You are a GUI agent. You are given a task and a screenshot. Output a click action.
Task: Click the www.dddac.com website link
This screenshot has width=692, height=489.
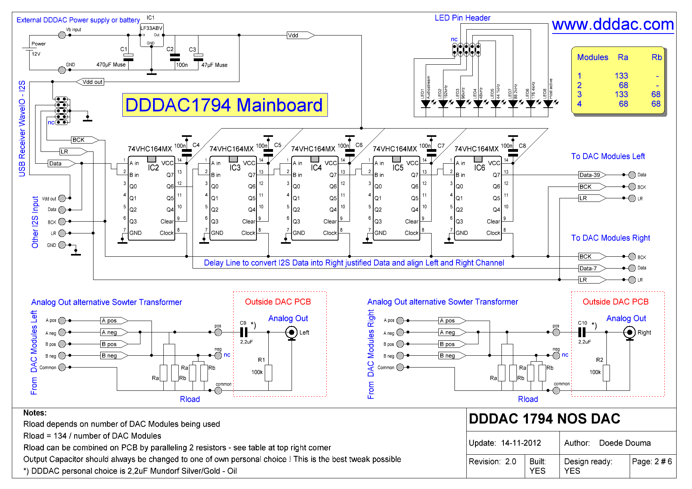point(613,24)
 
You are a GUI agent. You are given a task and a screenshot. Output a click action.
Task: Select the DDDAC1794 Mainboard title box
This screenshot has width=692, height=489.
point(224,105)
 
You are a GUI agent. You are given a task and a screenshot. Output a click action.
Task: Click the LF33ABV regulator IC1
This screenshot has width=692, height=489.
point(151,35)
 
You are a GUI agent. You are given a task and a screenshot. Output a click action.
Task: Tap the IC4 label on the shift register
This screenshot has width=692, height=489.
point(316,168)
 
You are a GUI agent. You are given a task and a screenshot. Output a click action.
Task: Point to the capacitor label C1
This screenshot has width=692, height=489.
point(123,49)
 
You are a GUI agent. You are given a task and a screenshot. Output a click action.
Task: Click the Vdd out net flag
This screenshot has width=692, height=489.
point(90,82)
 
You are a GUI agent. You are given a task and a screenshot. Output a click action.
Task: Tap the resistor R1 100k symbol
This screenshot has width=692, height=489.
point(268,373)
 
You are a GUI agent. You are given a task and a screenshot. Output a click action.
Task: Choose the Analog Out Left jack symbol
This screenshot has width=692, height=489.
point(292,333)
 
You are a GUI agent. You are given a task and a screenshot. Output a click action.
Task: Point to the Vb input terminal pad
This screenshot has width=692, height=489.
point(62,35)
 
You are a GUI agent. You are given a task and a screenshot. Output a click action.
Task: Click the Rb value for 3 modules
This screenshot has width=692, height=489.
point(656,94)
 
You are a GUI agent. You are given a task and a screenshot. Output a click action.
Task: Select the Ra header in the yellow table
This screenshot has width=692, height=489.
point(623,57)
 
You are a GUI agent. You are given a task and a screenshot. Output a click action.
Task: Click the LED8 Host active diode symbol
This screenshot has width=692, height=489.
point(548,104)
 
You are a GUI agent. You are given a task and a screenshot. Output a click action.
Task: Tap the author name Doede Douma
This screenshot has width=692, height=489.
point(625,443)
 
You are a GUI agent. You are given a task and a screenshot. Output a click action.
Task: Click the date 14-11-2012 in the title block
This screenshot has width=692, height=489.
point(521,443)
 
